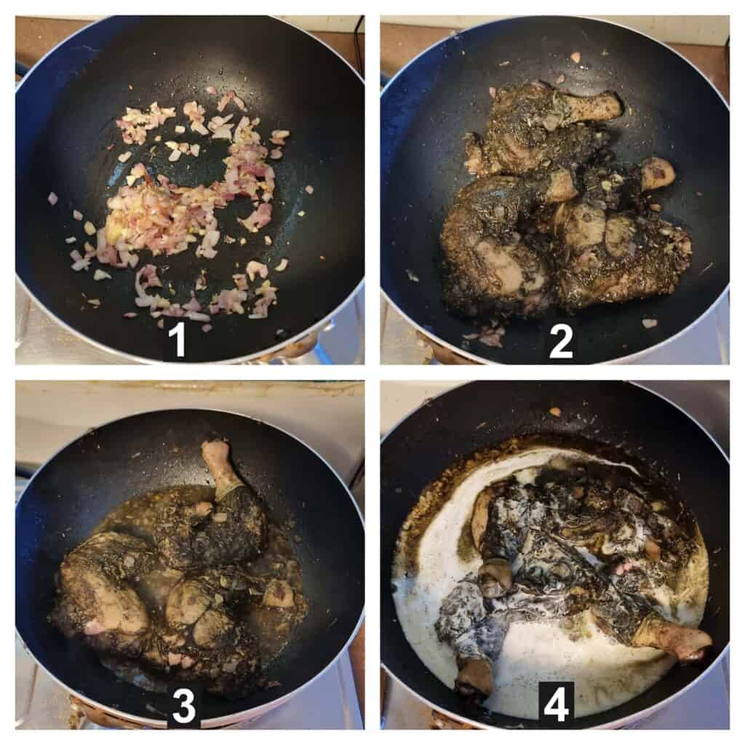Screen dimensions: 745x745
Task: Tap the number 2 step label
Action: pos(561,342)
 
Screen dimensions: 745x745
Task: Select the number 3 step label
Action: pos(183,707)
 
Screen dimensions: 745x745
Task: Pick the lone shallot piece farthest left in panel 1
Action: pos(52,198)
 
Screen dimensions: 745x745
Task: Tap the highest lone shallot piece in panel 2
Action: pos(576,57)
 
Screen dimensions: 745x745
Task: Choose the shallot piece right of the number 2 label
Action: pos(649,323)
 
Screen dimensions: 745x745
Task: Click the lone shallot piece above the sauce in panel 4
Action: pos(555,412)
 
